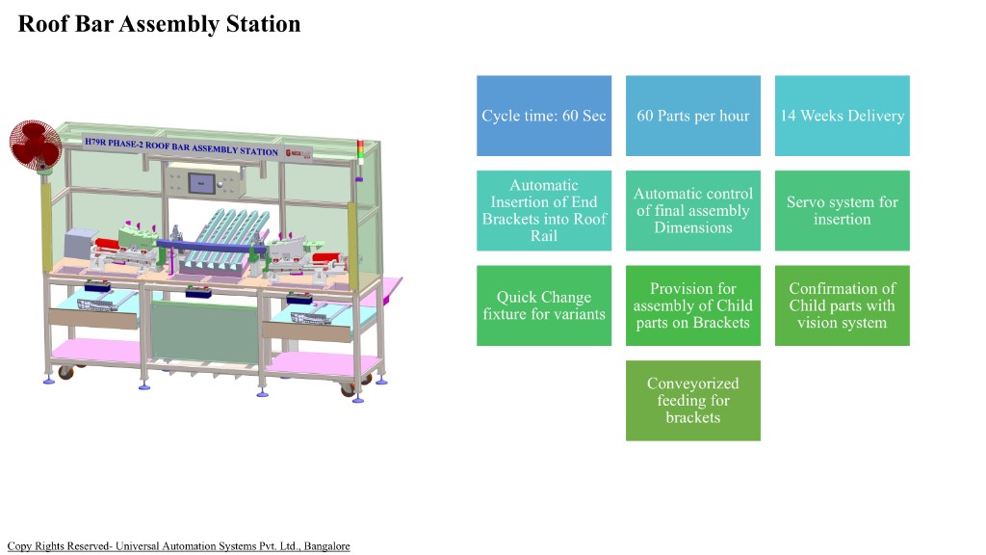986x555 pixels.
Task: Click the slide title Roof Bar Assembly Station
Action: [160, 24]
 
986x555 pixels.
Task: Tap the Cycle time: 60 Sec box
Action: [544, 116]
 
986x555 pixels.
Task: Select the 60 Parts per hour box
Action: [692, 116]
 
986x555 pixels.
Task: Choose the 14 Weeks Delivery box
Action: [842, 116]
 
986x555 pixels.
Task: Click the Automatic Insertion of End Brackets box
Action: [544, 210]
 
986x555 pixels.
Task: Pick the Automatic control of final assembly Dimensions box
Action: [692, 210]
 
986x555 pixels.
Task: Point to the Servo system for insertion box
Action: [842, 210]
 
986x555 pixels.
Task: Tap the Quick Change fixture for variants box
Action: [544, 305]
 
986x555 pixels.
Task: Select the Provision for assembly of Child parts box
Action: [692, 305]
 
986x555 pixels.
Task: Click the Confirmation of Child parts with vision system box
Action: [842, 305]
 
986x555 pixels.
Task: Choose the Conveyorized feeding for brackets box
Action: [692, 400]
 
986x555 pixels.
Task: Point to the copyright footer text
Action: [178, 546]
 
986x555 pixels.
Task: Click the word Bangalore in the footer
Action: [326, 546]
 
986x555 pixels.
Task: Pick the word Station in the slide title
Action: [261, 24]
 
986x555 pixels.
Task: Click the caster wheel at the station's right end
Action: [348, 388]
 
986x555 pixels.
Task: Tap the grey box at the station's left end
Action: [76, 247]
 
